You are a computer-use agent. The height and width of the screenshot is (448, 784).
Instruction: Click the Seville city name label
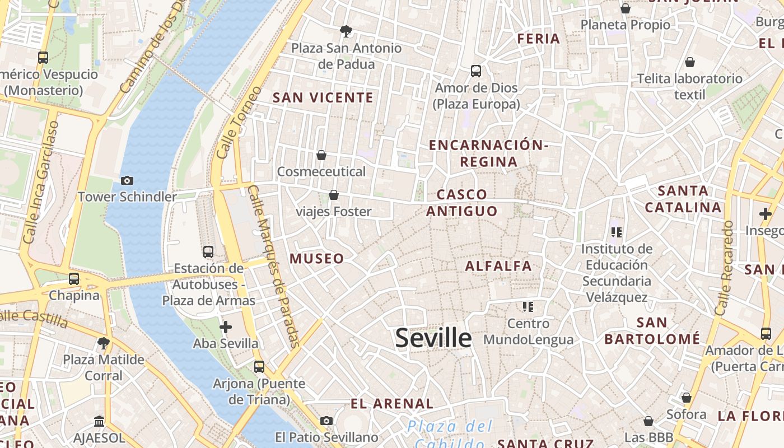433,338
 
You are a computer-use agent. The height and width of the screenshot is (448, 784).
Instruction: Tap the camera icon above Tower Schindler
127,180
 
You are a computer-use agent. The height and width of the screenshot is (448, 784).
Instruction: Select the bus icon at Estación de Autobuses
208,252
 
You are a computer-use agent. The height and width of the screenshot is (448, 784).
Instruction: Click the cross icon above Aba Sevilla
226,326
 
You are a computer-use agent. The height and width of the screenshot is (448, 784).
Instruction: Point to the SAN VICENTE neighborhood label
323,98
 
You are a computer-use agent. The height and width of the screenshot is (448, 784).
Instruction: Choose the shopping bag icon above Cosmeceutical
321,155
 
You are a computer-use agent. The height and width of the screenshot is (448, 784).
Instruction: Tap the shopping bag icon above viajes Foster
334,195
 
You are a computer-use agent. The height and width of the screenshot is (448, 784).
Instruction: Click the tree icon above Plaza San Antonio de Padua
346,31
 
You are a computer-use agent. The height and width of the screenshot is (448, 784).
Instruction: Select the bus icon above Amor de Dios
476,71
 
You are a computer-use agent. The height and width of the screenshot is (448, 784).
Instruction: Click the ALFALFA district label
498,266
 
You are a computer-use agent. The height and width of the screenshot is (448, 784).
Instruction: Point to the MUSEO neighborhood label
316,259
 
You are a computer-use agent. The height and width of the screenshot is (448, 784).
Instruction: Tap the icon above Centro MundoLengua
528,306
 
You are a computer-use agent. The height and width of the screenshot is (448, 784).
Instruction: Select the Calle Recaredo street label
724,268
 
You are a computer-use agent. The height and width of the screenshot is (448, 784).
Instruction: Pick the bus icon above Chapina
74,278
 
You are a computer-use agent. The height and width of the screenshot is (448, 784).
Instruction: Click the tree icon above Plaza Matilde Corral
103,343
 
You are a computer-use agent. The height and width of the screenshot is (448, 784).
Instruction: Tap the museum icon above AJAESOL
99,421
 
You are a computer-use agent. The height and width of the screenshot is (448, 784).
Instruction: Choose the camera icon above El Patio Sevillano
326,421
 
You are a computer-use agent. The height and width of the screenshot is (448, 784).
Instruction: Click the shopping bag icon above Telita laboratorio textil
690,62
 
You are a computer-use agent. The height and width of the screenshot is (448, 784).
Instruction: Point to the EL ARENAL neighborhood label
392,404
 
